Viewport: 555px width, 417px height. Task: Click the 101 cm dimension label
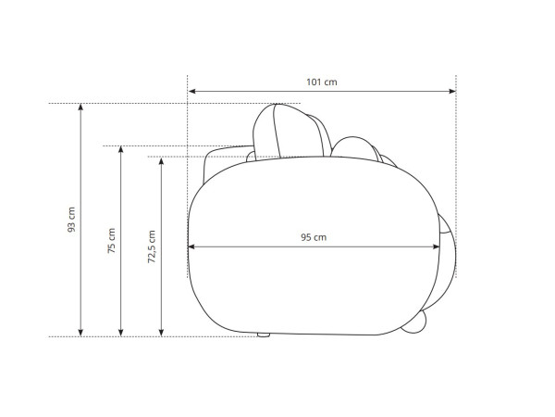[321, 82]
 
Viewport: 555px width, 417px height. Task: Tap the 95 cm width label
[314, 237]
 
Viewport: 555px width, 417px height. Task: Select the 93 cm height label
[71, 220]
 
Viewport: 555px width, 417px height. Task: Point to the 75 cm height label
[112, 240]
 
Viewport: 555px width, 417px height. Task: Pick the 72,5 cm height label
[152, 246]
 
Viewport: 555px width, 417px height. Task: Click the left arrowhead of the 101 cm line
[192, 91]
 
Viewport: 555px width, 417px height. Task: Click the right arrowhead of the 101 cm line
[452, 91]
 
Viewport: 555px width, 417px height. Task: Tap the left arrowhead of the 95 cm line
[191, 246]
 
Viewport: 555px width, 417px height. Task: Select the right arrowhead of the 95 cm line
[436, 246]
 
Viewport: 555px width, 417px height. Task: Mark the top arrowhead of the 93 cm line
[80, 107]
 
